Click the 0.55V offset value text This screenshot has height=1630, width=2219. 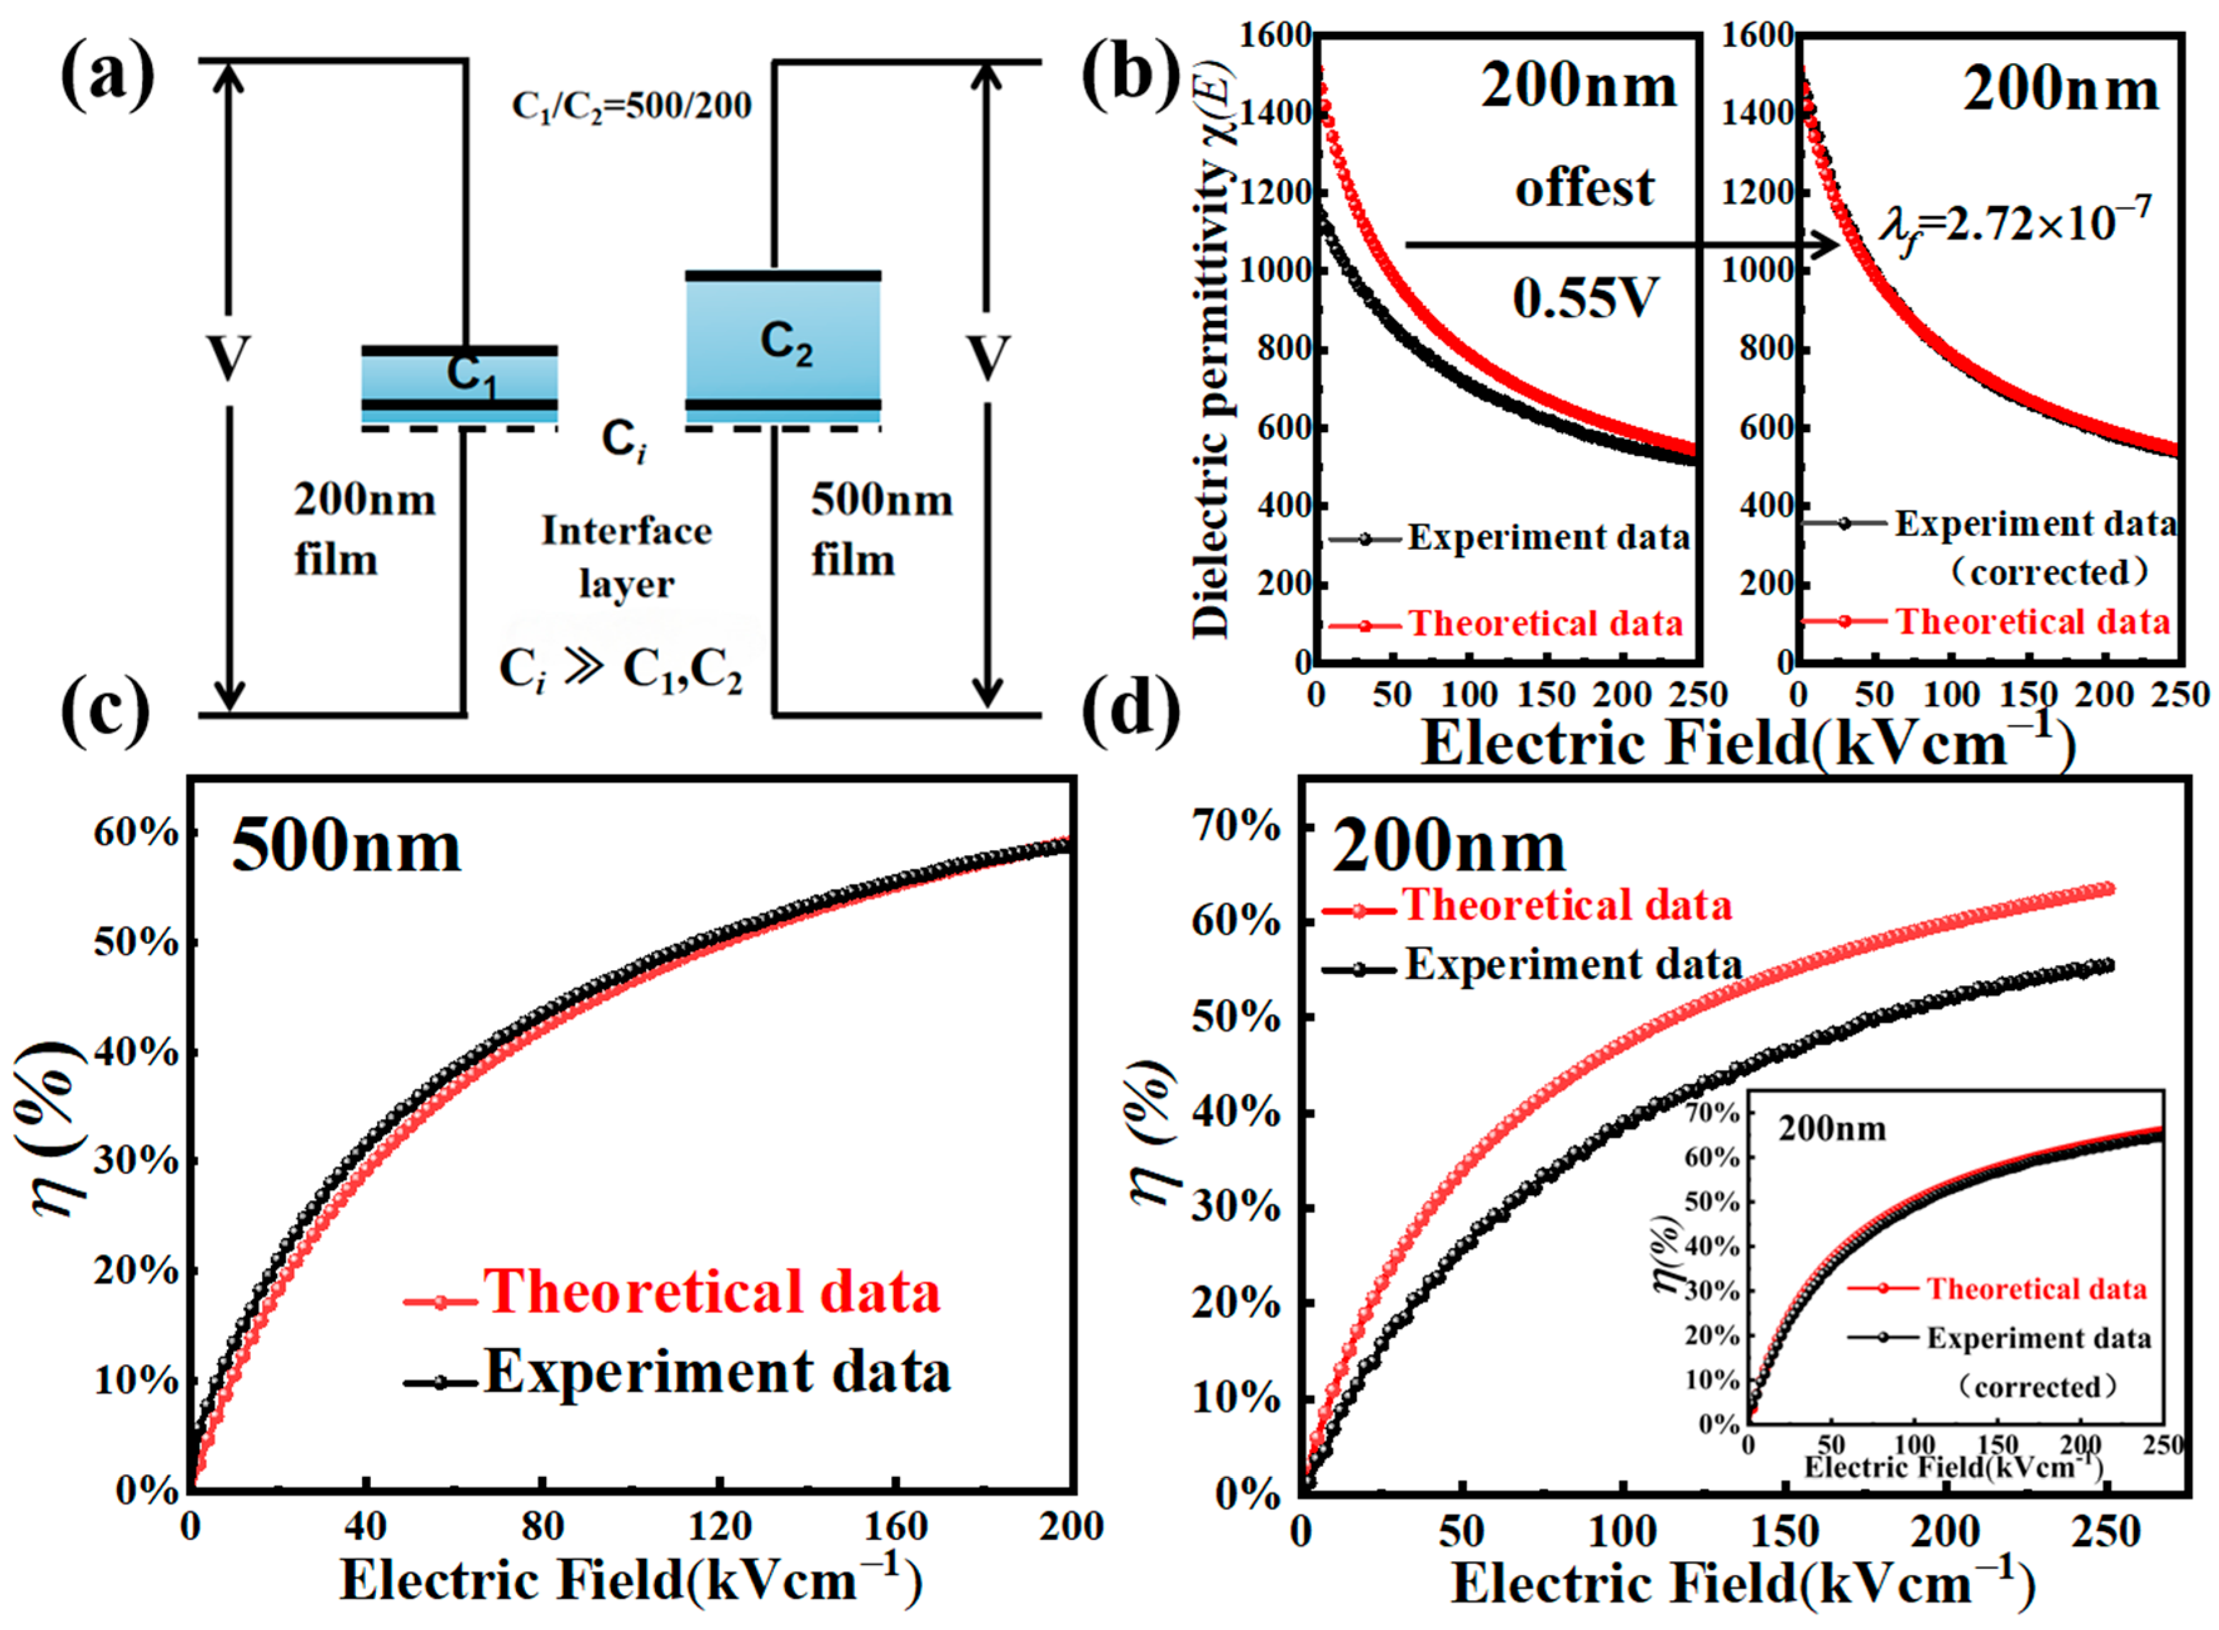[x=1585, y=298]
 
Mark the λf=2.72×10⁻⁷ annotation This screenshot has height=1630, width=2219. [x=2013, y=225]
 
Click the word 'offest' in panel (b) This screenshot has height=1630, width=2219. [x=1584, y=188]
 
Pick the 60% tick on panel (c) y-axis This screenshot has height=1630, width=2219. [x=136, y=834]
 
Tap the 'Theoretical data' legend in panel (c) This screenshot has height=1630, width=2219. [x=710, y=1293]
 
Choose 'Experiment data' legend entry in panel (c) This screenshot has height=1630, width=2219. [x=716, y=1372]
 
